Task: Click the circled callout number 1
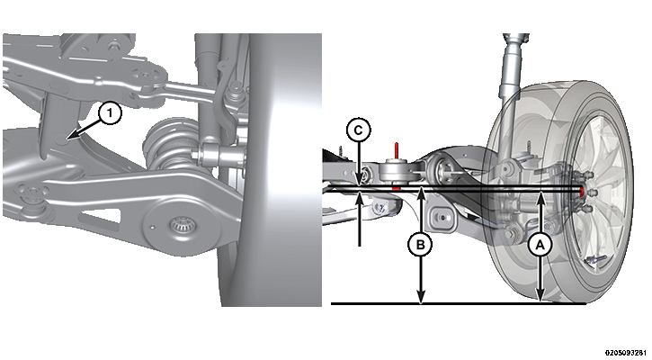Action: (110, 113)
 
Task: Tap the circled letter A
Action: (540, 246)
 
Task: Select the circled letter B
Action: (420, 245)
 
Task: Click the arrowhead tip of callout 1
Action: (67, 138)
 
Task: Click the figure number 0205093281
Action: (628, 353)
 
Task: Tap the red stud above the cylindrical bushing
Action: (397, 149)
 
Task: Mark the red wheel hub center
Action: (582, 191)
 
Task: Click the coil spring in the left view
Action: (167, 147)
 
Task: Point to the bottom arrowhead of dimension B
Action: (421, 300)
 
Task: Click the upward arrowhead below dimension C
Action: (359, 193)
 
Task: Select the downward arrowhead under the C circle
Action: (359, 182)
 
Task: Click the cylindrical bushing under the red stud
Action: (395, 171)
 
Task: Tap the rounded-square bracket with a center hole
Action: (442, 217)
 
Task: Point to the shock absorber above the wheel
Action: (514, 71)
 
